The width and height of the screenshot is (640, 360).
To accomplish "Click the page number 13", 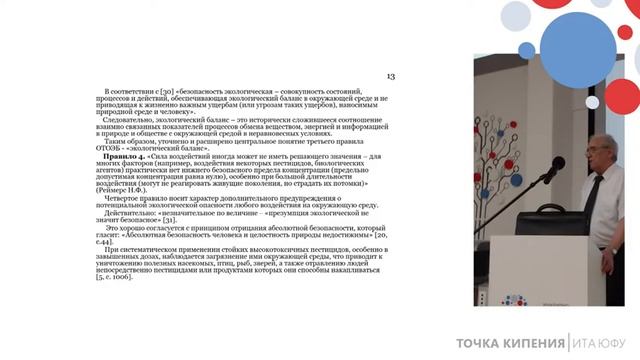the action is tap(391, 76).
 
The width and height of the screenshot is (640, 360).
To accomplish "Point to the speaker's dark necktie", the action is tap(587, 194).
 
